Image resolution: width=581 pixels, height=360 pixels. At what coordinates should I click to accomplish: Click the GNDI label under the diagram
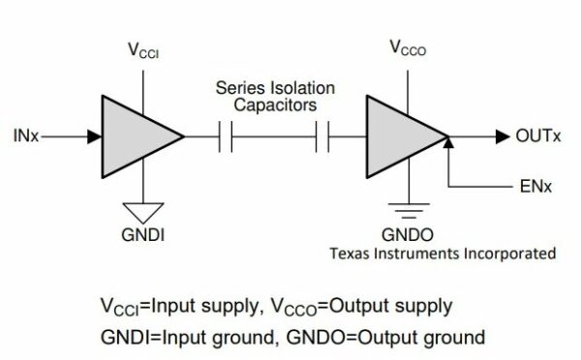tap(142, 232)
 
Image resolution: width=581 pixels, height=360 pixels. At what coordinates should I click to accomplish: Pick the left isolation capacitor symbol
tap(226, 137)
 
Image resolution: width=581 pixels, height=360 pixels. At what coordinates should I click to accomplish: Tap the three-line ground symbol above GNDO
tap(410, 207)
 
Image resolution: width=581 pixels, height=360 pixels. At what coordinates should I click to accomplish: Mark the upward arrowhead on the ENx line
tap(449, 143)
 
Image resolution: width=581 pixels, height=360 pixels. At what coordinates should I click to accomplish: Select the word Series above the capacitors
tap(238, 88)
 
